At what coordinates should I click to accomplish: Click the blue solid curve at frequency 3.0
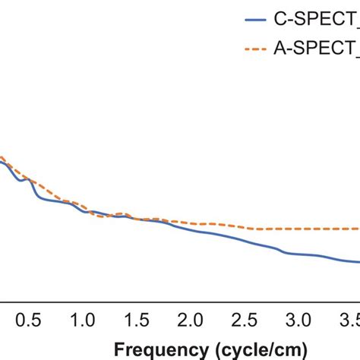point(299,254)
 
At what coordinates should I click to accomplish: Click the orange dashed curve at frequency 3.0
point(299,229)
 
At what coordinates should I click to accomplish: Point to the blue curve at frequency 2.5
point(245,242)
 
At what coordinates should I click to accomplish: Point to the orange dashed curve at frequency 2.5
point(245,227)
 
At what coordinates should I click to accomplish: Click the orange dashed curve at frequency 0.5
point(31,179)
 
